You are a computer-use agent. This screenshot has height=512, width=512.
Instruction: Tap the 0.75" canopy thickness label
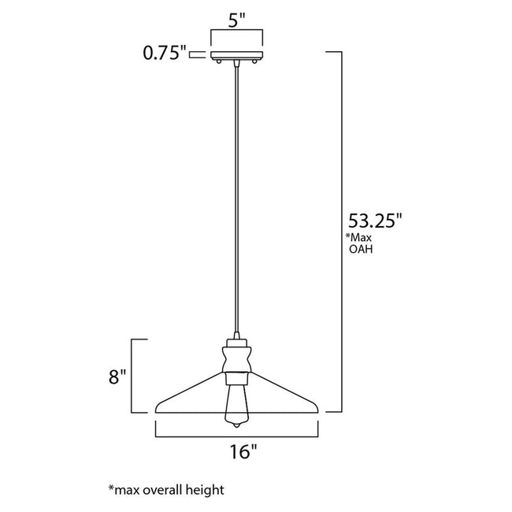[163, 54]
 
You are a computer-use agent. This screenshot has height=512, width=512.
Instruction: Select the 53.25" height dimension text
[376, 221]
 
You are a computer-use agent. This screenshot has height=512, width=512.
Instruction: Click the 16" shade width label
[243, 451]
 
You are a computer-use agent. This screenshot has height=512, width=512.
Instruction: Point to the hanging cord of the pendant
[237, 197]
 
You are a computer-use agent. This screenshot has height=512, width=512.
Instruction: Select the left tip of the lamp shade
[158, 407]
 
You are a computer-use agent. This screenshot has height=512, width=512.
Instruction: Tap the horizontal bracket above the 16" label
[237, 435]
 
